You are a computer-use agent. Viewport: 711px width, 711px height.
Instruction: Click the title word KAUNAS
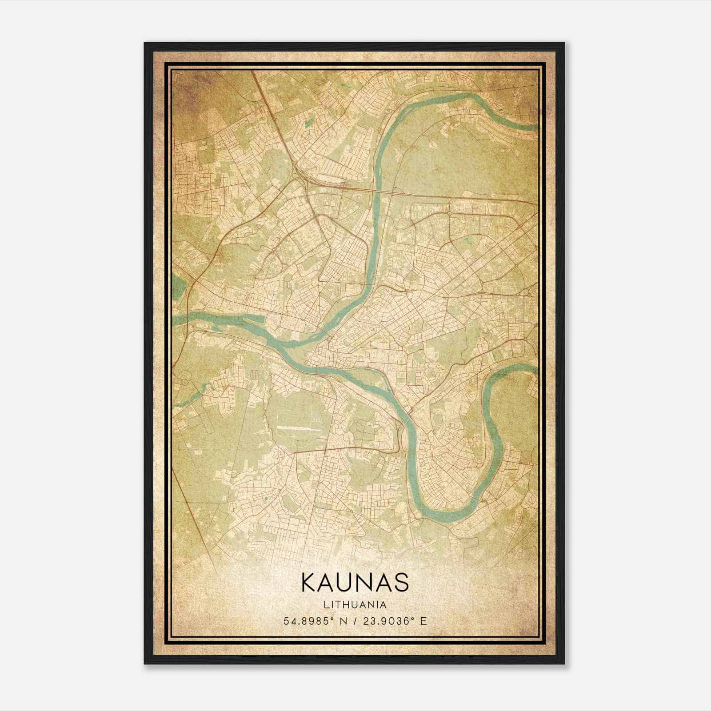355,583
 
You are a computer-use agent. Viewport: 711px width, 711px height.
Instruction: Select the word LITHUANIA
355,605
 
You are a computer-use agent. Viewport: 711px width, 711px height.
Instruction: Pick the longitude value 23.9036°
387,621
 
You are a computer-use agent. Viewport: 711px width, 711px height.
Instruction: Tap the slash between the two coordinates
355,621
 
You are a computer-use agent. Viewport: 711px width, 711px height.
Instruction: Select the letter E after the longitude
423,621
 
